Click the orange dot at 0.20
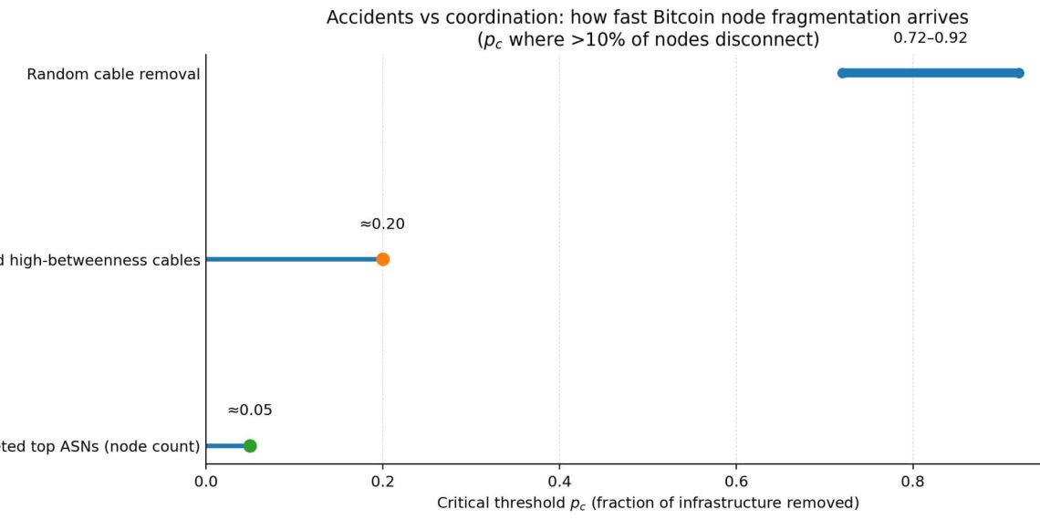pyautogui.click(x=382, y=259)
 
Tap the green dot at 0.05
pyautogui.click(x=250, y=446)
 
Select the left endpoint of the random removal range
pyautogui.click(x=843, y=73)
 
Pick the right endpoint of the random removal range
pyautogui.click(x=1019, y=73)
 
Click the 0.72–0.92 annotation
pyautogui.click(x=930, y=38)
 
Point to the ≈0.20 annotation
pyautogui.click(x=382, y=224)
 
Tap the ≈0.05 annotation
pyautogui.click(x=250, y=411)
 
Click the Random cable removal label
pyautogui.click(x=113, y=74)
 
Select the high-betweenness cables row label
pyautogui.click(x=100, y=260)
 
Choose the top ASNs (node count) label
pyautogui.click(x=100, y=446)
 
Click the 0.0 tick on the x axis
pyautogui.click(x=206, y=480)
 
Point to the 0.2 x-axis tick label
pyautogui.click(x=382, y=480)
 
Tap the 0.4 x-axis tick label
pyautogui.click(x=559, y=480)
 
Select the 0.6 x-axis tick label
pyautogui.click(x=736, y=480)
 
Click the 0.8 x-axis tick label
pyautogui.click(x=912, y=480)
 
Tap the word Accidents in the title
pyautogui.click(x=365, y=17)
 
